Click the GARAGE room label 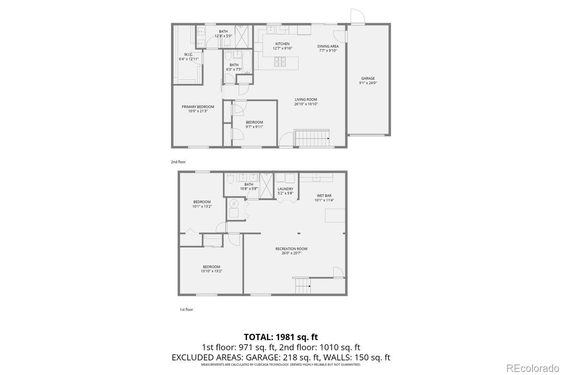click(x=368, y=78)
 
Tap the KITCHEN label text click(x=282, y=44)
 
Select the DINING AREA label click(x=328, y=46)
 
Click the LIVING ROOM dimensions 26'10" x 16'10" click(x=306, y=104)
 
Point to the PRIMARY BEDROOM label click(x=198, y=107)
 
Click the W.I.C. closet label click(x=188, y=54)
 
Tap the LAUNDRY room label click(x=285, y=189)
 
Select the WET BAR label click(x=324, y=196)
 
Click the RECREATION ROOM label click(x=291, y=249)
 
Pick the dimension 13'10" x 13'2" click(x=211, y=271)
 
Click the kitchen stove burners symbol click(x=280, y=61)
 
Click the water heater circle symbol click(x=234, y=204)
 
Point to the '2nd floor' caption click(x=178, y=162)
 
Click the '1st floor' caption click(x=186, y=309)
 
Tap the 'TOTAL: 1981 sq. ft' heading click(x=281, y=337)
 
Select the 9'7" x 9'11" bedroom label click(x=254, y=122)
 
